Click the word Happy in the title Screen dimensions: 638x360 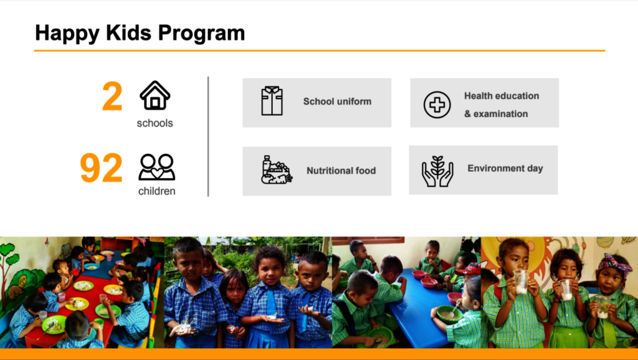[x=67, y=34]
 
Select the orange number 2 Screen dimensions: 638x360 [x=112, y=96]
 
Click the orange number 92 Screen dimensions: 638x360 [x=102, y=168]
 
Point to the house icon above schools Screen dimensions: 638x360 [x=155, y=95]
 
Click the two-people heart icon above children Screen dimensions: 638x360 [x=156, y=167]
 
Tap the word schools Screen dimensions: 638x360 [x=155, y=123]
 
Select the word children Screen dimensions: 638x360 [x=156, y=191]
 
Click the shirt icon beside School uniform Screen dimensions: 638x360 [x=272, y=101]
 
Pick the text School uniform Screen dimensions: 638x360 [x=337, y=102]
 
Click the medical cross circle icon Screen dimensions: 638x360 [x=437, y=105]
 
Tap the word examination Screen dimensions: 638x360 [x=500, y=114]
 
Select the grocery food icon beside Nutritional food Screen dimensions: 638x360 [x=277, y=169]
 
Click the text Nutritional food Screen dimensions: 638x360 [x=341, y=171]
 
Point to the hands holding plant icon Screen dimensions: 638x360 [x=437, y=171]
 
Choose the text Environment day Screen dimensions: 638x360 [x=505, y=168]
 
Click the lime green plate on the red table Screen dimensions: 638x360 [x=54, y=324]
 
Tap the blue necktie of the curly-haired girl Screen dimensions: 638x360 [x=271, y=303]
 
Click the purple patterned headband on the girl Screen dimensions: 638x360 [x=615, y=263]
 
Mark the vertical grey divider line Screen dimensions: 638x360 [x=208, y=136]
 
